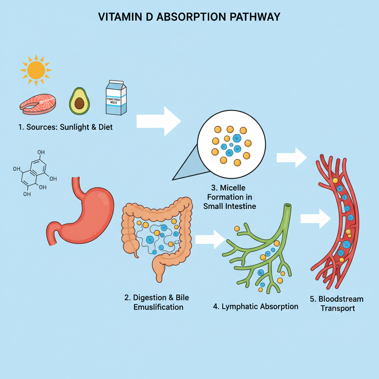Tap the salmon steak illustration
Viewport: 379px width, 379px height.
coord(38,104)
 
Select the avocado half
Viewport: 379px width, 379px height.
coord(80,101)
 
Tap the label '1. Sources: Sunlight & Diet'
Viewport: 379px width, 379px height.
coord(66,127)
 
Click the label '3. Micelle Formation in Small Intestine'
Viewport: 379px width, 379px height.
coord(229,197)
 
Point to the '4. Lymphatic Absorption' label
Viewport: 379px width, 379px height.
coord(256,306)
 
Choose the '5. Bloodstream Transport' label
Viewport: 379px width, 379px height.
coord(336,303)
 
